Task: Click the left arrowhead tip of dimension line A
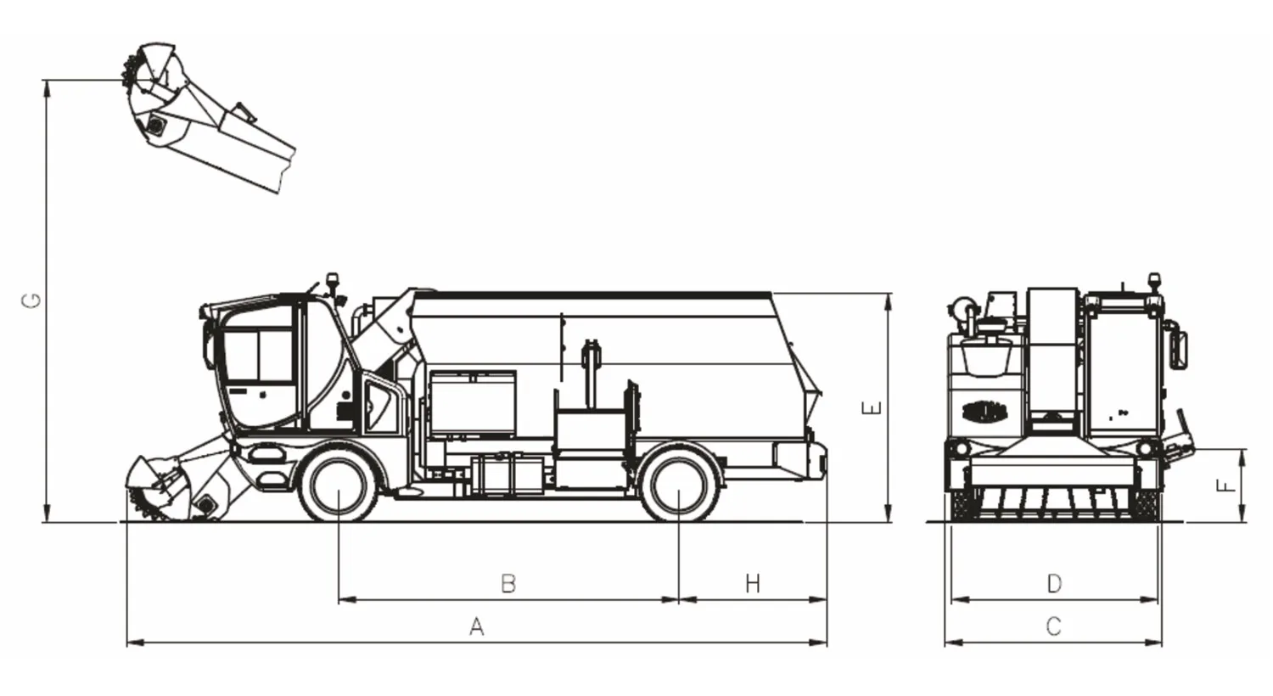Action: (x=126, y=643)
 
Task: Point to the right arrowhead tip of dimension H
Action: (x=827, y=599)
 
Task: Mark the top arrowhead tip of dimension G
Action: (x=47, y=81)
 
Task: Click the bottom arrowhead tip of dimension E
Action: (x=889, y=521)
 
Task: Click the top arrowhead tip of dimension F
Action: (x=1242, y=449)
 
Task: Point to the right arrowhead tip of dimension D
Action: (x=1158, y=599)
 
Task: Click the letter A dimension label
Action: (x=477, y=626)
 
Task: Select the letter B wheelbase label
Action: (x=508, y=583)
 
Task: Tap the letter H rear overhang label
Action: (x=753, y=583)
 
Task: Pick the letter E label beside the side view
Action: (x=872, y=408)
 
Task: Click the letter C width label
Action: (x=1054, y=626)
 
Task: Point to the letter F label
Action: (x=1226, y=486)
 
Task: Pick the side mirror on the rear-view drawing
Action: (x=1178, y=345)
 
